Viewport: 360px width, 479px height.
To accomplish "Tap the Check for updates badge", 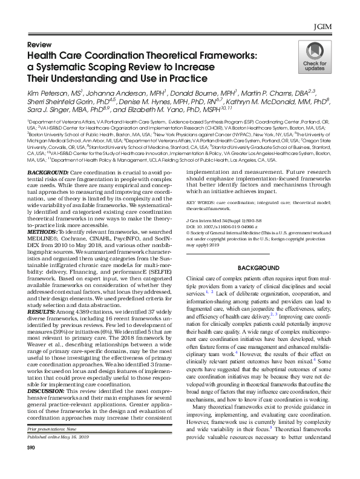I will pyautogui.click(x=314, y=64).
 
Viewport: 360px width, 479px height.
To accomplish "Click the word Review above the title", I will pyautogui.click(x=39, y=45).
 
